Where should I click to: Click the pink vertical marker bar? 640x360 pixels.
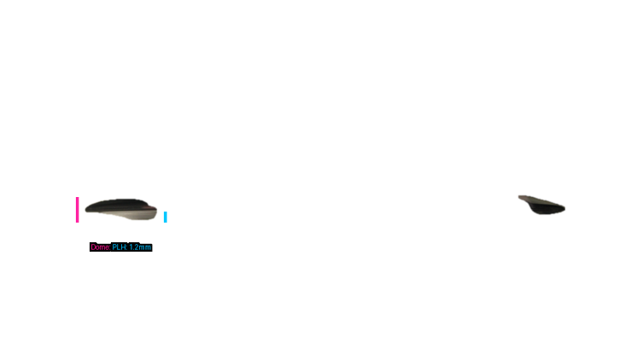(77, 210)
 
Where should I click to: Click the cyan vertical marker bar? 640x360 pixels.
(166, 217)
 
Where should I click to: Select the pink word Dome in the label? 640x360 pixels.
(100, 247)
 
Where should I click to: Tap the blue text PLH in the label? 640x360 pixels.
(119, 247)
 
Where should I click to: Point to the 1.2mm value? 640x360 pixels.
(140, 247)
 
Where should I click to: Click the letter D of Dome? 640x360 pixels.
(93, 247)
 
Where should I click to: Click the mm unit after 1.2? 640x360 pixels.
(145, 247)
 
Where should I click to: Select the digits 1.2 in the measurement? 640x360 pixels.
(134, 247)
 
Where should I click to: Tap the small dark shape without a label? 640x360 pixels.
(541, 205)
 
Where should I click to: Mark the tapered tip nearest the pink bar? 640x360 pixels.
(88, 208)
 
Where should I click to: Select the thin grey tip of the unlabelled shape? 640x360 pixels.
(521, 198)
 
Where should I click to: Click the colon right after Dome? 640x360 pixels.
(109, 247)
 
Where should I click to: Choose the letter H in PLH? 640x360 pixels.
(124, 247)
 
